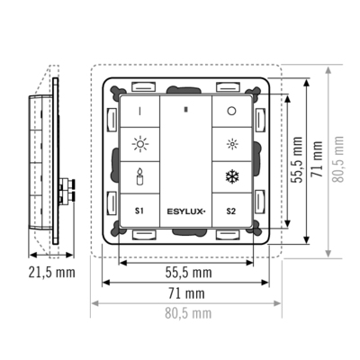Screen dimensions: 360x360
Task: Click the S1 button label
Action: click(x=139, y=211)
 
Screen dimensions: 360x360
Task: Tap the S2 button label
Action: click(x=231, y=211)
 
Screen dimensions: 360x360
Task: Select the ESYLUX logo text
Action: click(x=186, y=211)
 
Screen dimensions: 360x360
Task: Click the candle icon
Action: click(x=139, y=176)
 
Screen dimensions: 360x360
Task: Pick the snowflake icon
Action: click(x=231, y=176)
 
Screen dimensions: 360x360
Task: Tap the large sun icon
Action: click(x=140, y=144)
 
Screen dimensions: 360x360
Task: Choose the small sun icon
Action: click(x=232, y=144)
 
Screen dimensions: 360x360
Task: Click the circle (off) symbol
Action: click(x=231, y=111)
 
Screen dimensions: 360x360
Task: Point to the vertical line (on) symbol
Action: click(x=139, y=112)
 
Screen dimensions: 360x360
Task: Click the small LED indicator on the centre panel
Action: click(x=186, y=110)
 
